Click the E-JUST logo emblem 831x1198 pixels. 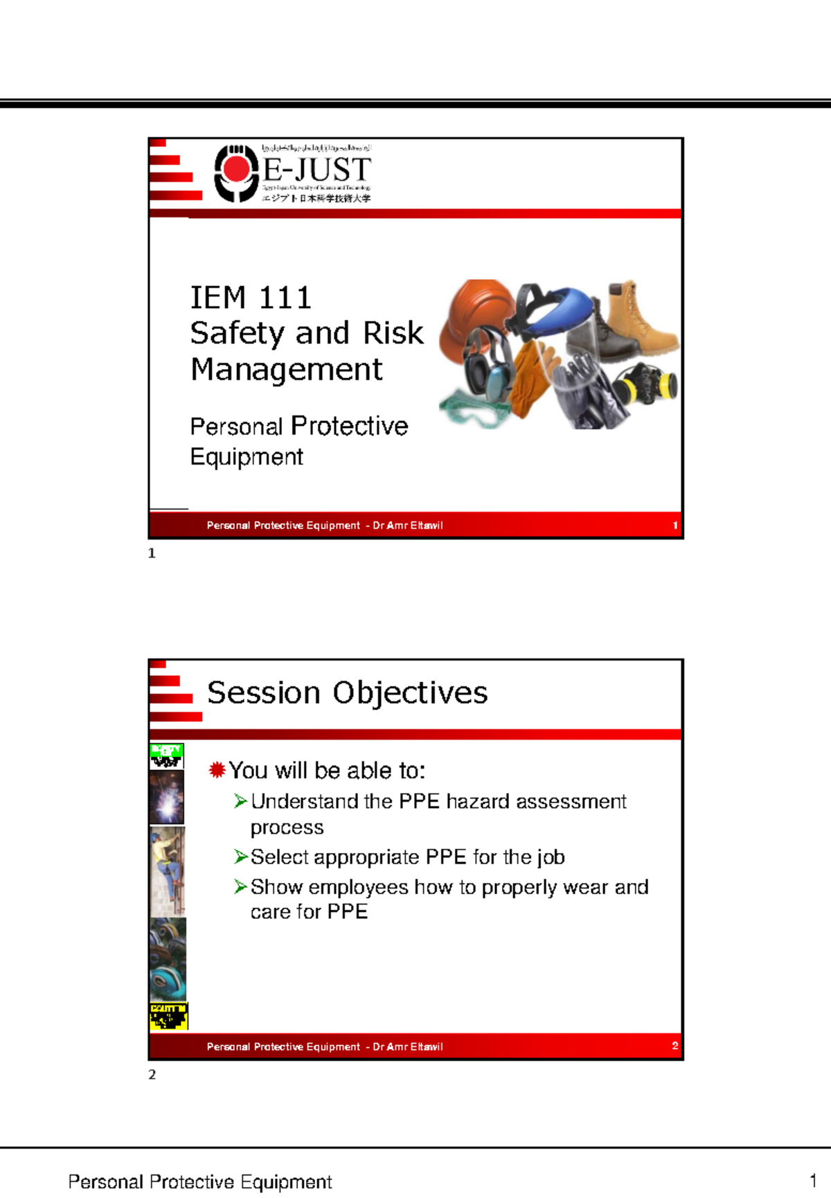click(236, 172)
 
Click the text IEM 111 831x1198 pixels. click(251, 298)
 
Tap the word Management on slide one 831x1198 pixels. click(286, 369)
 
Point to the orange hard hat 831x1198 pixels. click(477, 304)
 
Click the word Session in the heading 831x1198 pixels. click(263, 692)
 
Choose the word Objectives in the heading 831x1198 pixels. click(410, 692)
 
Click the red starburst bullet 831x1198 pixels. click(217, 769)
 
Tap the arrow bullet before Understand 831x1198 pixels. click(240, 801)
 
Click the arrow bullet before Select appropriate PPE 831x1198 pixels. click(240, 857)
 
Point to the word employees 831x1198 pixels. click(358, 887)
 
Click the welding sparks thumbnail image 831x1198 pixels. click(167, 798)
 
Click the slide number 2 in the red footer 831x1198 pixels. click(674, 1046)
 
